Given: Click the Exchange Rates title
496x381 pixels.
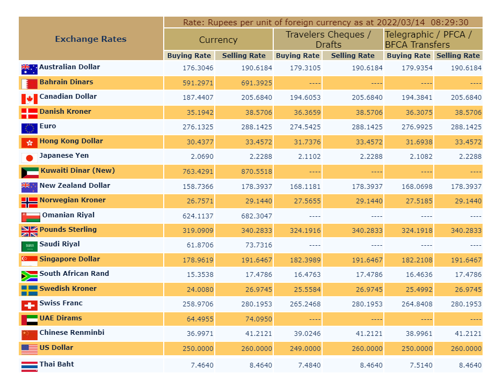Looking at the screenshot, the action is coord(91,39).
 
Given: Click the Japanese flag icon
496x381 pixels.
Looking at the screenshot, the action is coord(30,158).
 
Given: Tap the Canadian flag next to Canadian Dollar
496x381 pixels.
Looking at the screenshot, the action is coord(30,99).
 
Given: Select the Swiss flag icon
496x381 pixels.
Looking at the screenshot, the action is coord(30,305).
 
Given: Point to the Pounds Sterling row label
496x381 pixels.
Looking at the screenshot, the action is coord(68,230).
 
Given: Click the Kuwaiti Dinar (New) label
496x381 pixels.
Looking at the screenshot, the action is coord(77,171).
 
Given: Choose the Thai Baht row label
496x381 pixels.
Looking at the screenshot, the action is coord(56,364).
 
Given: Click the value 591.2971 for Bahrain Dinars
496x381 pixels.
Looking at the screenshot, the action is coord(198,83).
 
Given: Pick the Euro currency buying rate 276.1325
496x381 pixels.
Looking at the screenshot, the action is coord(198,127).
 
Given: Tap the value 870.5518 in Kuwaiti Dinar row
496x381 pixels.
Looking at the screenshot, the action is coord(257,172).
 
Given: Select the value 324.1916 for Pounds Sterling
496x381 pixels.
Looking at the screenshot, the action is coord(305,231).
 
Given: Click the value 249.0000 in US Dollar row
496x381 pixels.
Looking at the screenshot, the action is coord(305,349).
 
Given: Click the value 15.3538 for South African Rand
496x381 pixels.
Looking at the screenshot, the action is coord(200,275).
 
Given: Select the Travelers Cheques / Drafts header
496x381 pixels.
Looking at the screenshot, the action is coord(329,40).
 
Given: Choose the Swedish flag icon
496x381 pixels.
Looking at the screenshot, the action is coord(30,290).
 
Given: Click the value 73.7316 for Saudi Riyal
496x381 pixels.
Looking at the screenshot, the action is coord(259,245).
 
